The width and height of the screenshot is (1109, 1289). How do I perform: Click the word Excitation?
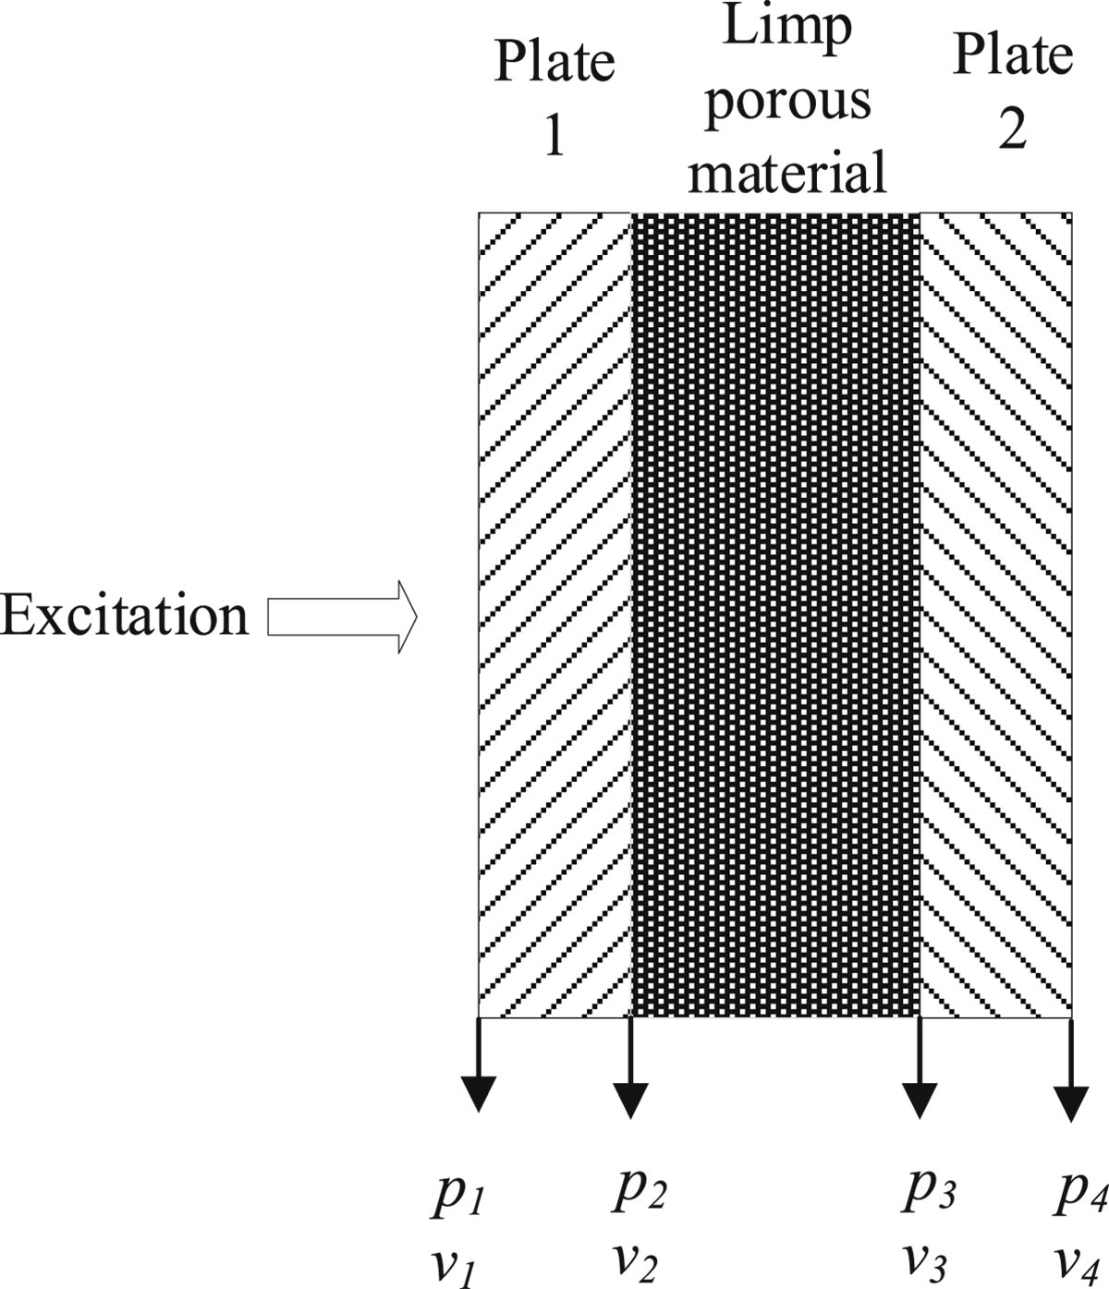pyautogui.click(x=125, y=616)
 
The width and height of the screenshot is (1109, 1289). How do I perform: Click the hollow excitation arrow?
pyautogui.click(x=343, y=617)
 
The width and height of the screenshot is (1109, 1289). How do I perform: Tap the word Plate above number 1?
pyautogui.click(x=554, y=61)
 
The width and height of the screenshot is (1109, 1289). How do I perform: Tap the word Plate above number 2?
pyautogui.click(x=1012, y=55)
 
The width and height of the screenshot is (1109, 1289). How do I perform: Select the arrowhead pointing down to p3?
pyautogui.click(x=920, y=1101)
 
